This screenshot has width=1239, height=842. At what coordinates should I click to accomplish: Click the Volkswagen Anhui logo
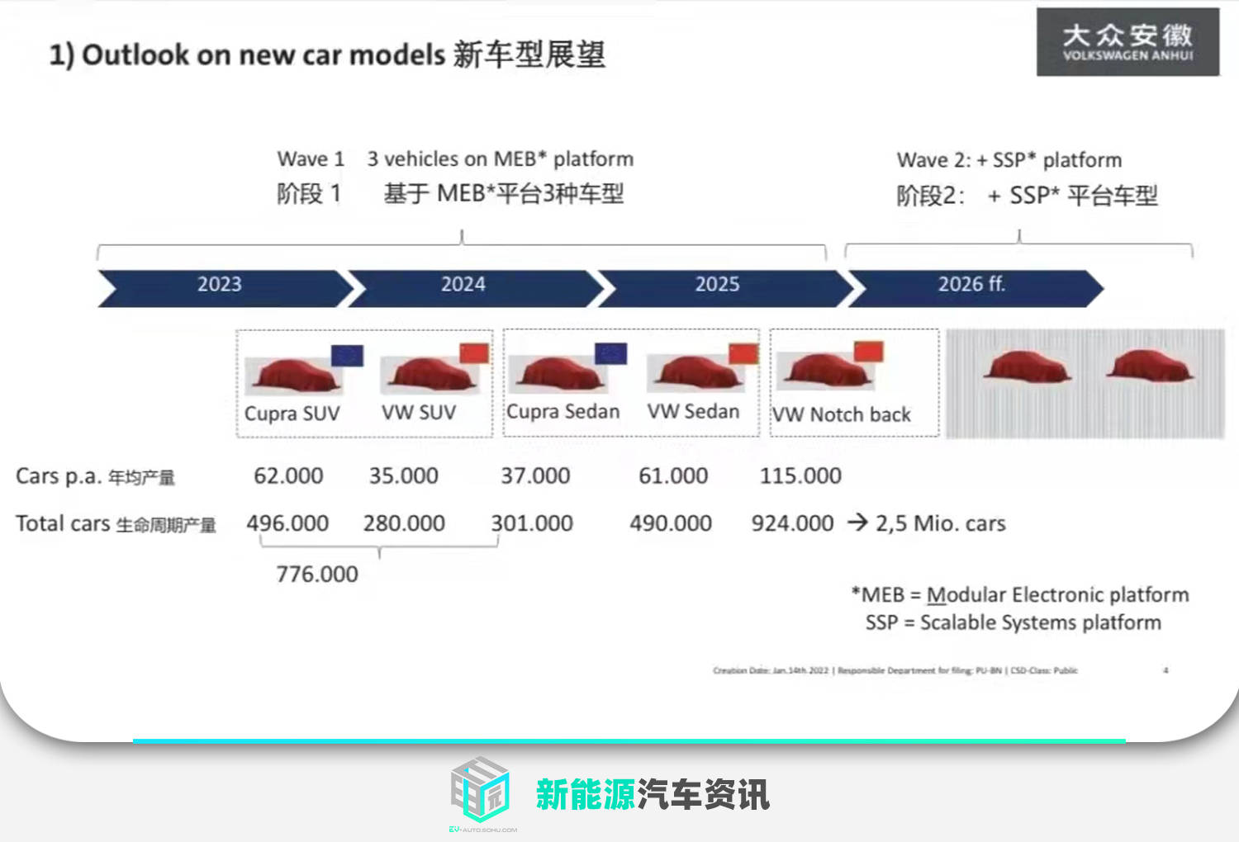(x=1127, y=42)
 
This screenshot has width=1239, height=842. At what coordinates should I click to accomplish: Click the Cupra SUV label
(x=292, y=414)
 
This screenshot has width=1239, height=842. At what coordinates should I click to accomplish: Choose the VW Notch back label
(x=842, y=414)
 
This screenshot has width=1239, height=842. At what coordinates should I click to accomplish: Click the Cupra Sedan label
(x=563, y=411)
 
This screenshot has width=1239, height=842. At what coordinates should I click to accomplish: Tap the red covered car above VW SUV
(x=429, y=374)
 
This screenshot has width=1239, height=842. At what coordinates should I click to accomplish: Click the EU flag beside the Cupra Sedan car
(x=610, y=353)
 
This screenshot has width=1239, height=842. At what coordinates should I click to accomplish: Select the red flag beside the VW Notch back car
(x=868, y=351)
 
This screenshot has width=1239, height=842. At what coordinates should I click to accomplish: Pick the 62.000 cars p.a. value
(x=288, y=476)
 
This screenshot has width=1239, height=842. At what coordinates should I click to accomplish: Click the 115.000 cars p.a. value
(x=800, y=476)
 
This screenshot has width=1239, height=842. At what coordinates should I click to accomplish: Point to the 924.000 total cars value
(x=792, y=523)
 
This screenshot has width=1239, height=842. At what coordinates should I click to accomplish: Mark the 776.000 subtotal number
(x=317, y=575)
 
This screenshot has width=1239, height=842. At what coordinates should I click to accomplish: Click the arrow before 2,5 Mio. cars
(x=857, y=523)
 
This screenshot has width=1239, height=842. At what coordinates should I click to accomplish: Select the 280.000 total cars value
(x=404, y=523)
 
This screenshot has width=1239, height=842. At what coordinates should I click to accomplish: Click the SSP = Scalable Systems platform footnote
(x=1013, y=622)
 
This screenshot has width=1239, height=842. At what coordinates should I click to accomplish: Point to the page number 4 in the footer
(x=1165, y=670)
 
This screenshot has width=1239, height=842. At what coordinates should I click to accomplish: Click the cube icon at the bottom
(x=480, y=789)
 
